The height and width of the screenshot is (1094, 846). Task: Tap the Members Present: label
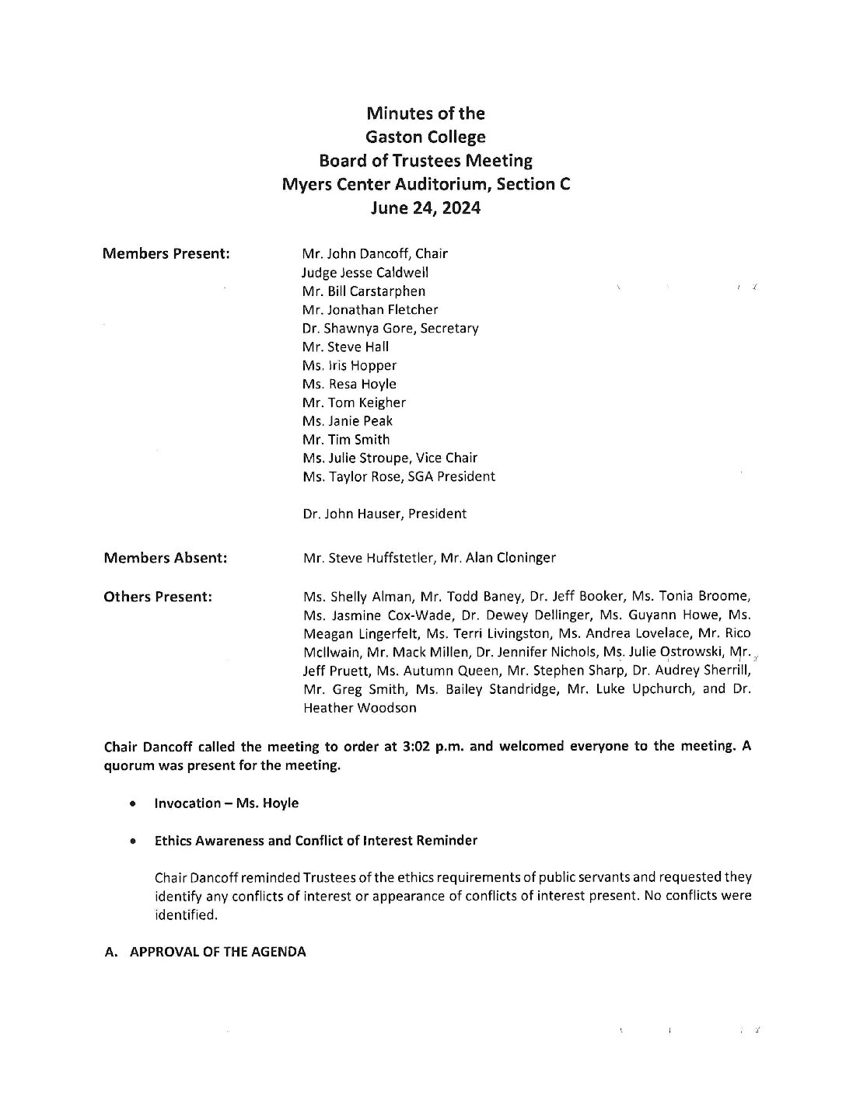click(x=166, y=253)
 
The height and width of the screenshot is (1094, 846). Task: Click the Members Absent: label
click(x=166, y=557)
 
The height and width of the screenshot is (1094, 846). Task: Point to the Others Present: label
click(x=158, y=597)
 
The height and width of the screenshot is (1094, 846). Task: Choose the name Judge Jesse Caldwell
click(x=365, y=273)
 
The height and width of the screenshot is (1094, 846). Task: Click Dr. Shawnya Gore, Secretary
click(x=390, y=328)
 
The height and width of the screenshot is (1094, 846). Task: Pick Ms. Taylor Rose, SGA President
click(x=399, y=476)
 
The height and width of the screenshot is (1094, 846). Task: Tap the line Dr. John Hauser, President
click(x=385, y=513)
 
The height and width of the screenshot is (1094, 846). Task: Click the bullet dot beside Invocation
click(x=136, y=803)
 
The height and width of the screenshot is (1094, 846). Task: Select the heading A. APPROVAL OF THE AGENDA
click(x=205, y=951)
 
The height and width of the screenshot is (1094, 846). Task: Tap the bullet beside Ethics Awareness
click(x=136, y=841)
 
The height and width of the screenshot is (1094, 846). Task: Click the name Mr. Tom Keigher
click(x=354, y=402)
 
